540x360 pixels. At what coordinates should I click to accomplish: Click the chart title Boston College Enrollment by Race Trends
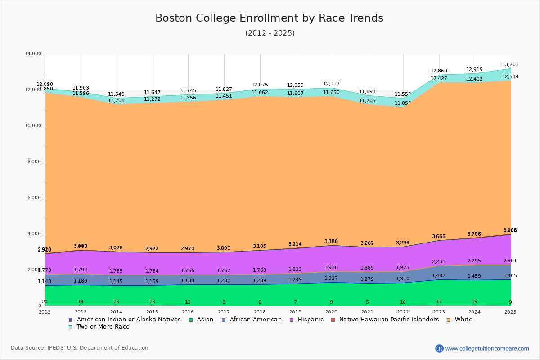[269, 18]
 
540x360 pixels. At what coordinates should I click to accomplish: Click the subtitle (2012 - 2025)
[270, 33]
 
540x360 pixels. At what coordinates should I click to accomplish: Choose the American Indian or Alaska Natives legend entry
[129, 319]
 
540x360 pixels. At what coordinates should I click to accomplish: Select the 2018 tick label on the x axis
[260, 312]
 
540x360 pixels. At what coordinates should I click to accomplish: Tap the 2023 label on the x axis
[439, 312]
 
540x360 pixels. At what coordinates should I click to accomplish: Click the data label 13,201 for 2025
[510, 64]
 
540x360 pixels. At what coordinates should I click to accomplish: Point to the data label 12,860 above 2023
[439, 71]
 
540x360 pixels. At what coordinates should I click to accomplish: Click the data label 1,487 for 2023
[439, 276]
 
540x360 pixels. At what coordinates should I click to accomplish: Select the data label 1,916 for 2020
[331, 268]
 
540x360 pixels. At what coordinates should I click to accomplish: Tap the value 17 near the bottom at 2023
[439, 301]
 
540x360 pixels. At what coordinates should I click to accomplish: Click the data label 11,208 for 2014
[116, 101]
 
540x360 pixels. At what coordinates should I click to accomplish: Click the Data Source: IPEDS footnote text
[80, 348]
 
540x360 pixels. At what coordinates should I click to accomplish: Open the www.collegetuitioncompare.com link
[487, 348]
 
